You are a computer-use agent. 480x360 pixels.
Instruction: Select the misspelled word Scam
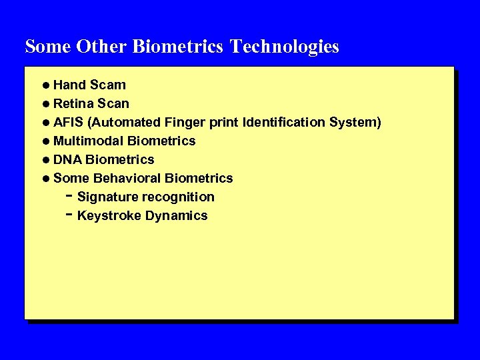click(x=108, y=85)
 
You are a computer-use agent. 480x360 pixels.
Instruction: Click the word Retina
click(x=73, y=104)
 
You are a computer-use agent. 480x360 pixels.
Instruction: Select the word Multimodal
click(x=89, y=141)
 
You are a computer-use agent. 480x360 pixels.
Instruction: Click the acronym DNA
click(x=67, y=160)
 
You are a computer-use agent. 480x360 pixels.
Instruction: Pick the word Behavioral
click(x=127, y=179)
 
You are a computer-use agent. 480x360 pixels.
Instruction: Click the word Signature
click(x=105, y=197)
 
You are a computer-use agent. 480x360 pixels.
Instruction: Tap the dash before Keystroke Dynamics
click(x=69, y=215)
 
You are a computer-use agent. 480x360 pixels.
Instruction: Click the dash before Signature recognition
click(x=69, y=196)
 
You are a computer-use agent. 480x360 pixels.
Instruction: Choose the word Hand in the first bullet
click(x=69, y=85)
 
